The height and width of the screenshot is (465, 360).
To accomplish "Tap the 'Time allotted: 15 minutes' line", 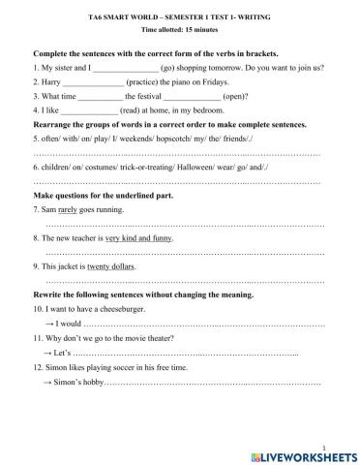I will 179,31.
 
